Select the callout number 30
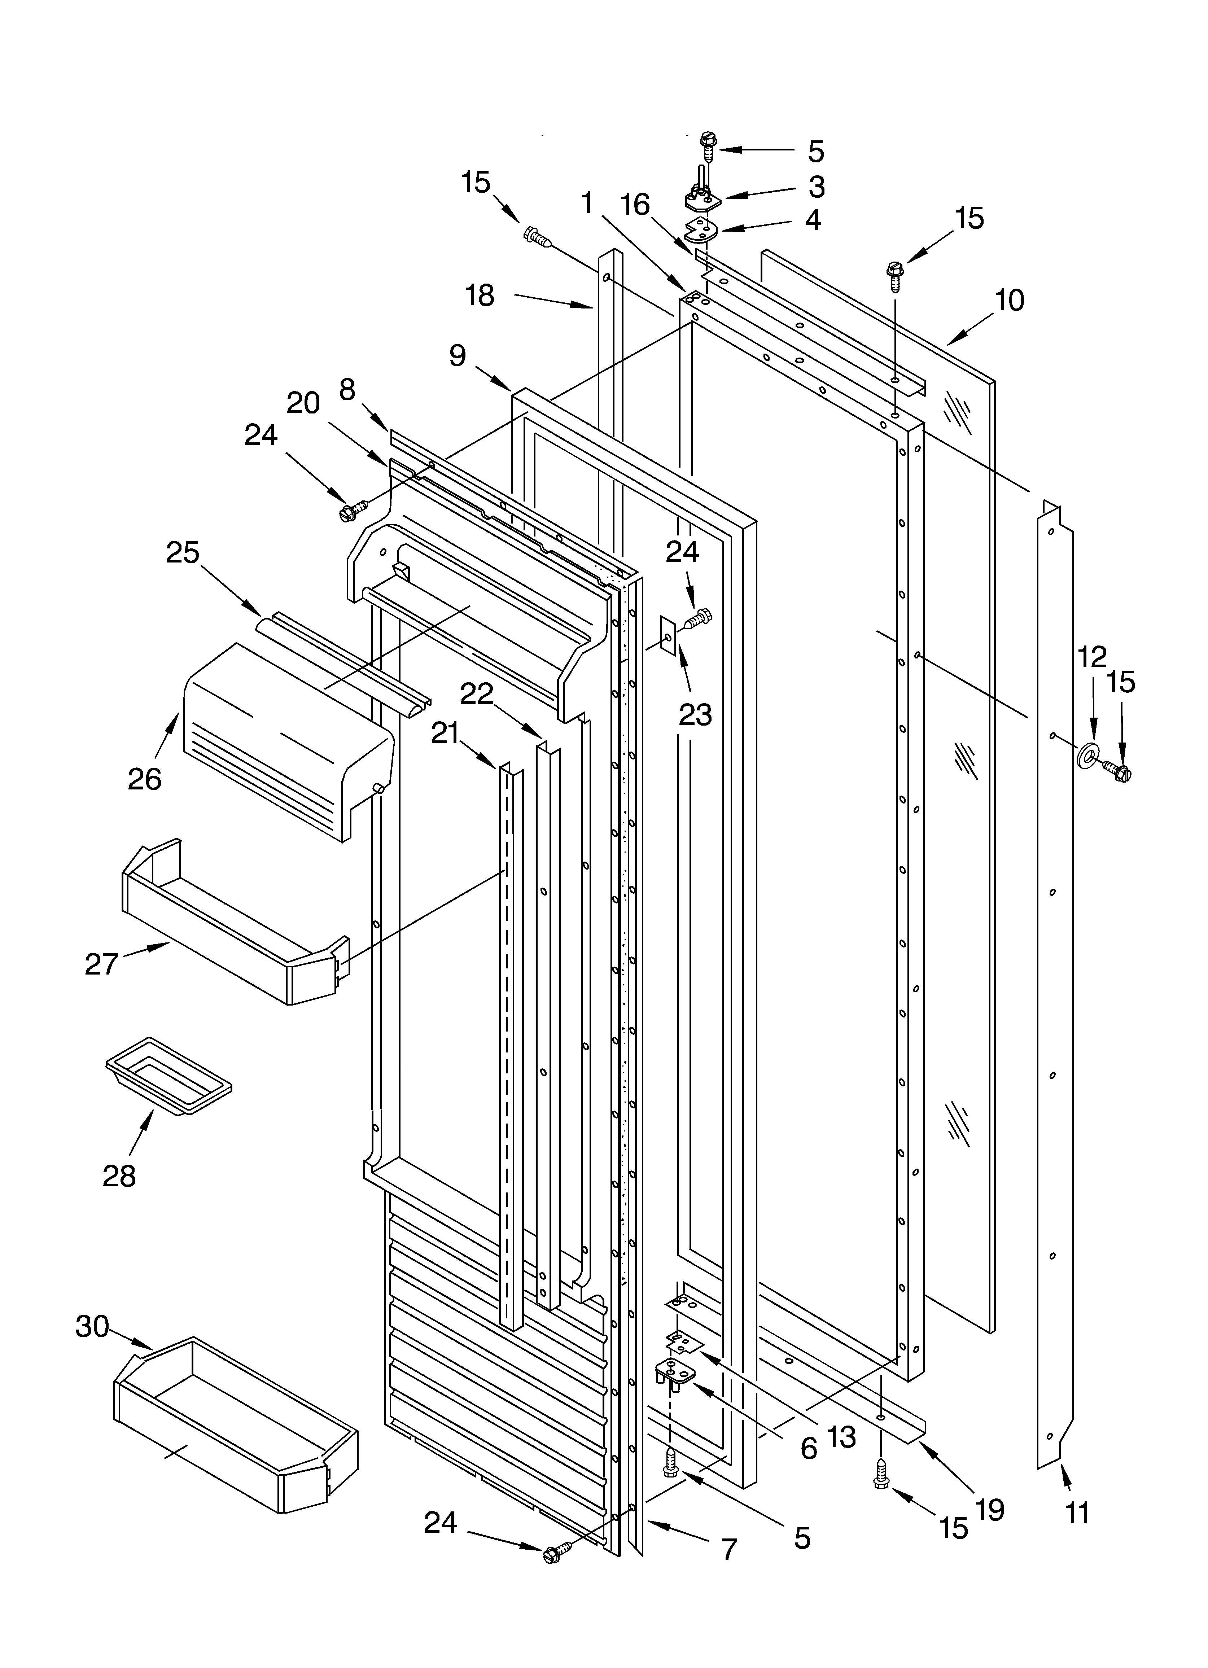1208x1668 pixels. click(92, 1326)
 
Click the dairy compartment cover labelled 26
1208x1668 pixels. click(287, 743)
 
